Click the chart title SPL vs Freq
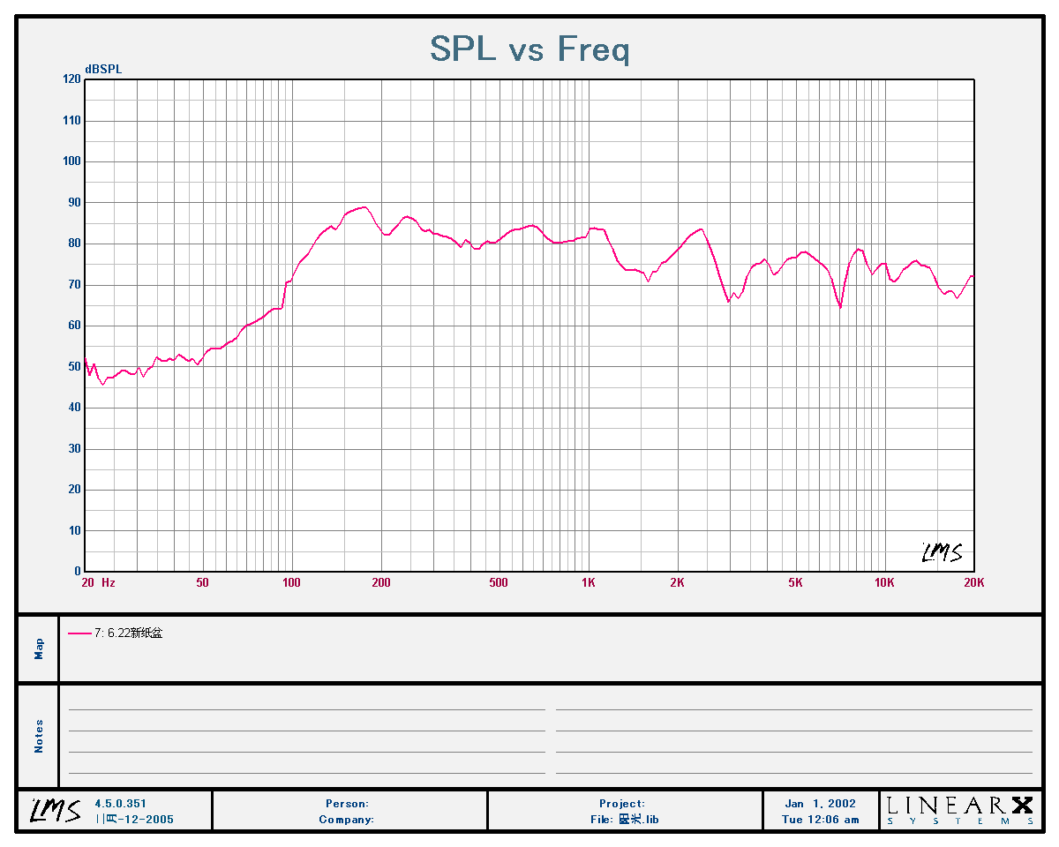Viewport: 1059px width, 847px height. [529, 49]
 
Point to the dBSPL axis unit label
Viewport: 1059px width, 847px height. [103, 69]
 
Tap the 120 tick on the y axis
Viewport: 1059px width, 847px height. [71, 79]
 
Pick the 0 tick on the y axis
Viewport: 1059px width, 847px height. [77, 572]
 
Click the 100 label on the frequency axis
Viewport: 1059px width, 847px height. [291, 583]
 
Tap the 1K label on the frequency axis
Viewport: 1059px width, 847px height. [589, 583]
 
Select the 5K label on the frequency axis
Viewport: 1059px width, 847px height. [795, 583]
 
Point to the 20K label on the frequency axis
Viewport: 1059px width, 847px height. [973, 583]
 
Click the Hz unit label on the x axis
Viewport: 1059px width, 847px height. [109, 583]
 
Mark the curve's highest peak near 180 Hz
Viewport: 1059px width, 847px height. [363, 207]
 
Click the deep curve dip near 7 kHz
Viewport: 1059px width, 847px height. [840, 307]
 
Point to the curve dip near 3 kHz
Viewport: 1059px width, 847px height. [729, 301]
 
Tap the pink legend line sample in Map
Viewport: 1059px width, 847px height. [79, 633]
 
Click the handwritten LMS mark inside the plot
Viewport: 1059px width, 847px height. [942, 552]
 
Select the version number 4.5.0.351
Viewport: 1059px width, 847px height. [120, 804]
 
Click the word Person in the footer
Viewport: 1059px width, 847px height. [346, 804]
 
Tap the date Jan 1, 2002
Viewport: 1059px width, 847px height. [820, 804]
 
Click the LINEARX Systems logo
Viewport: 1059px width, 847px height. [959, 810]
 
